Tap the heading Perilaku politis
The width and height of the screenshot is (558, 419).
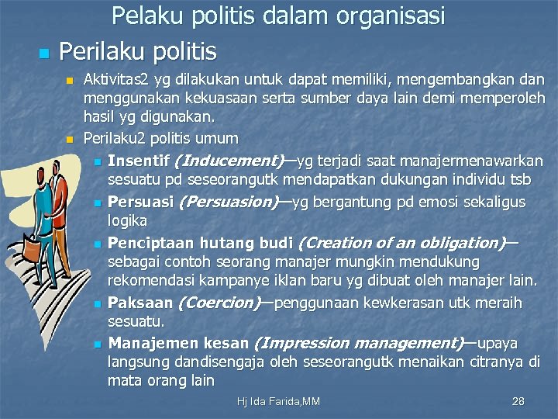tap(138, 51)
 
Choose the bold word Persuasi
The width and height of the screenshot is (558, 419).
tap(140, 202)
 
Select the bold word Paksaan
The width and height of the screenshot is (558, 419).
tap(139, 303)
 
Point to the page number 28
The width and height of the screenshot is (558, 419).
tap(518, 401)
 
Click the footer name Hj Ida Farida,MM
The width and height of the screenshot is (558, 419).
tap(279, 401)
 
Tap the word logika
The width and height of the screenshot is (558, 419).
tap(127, 221)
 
